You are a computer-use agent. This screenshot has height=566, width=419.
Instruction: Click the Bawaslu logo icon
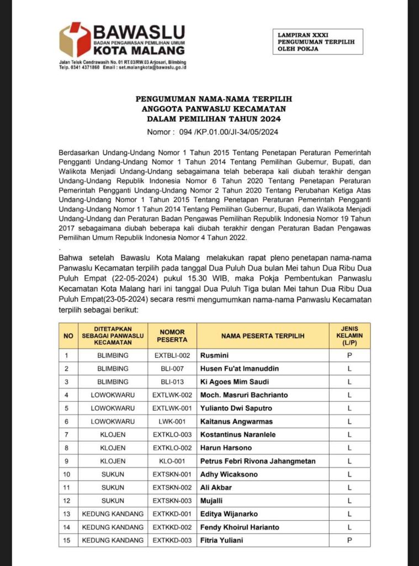click(76, 39)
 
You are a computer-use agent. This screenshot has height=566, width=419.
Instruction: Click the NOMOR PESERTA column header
click(172, 336)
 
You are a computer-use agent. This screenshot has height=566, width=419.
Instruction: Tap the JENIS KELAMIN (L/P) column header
click(349, 336)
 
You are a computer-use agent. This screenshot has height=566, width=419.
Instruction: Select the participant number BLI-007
click(172, 369)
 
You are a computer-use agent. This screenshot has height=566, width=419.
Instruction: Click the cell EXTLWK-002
click(172, 395)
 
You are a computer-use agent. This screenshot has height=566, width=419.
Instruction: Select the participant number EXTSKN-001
click(172, 474)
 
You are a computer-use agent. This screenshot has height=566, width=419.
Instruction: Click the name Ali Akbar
click(216, 488)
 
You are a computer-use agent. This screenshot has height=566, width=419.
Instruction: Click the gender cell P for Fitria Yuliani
click(349, 540)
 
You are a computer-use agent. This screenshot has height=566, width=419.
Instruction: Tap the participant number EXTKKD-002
click(172, 527)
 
